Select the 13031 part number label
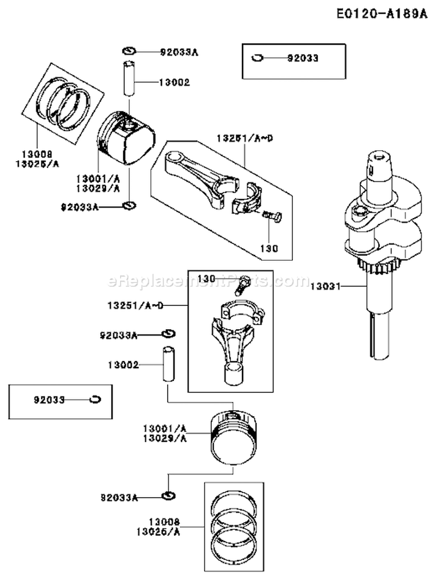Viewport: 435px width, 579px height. point(324,286)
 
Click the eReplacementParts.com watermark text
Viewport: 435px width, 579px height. point(209,282)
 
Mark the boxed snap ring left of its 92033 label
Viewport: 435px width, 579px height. point(256,58)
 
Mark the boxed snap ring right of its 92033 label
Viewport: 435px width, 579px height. point(96,399)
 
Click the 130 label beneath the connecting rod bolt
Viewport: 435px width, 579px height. point(270,248)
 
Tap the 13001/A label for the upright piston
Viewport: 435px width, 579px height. point(165,428)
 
